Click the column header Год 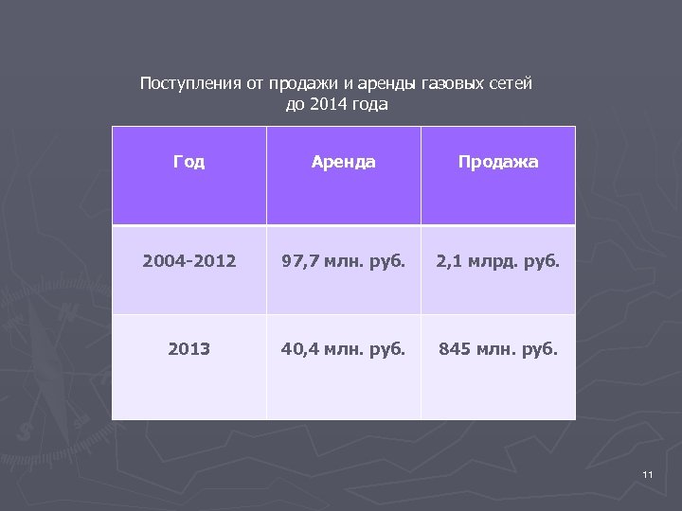188,162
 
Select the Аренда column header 343,162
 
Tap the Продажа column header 498,162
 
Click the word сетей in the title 510,83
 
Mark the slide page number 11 648,473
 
